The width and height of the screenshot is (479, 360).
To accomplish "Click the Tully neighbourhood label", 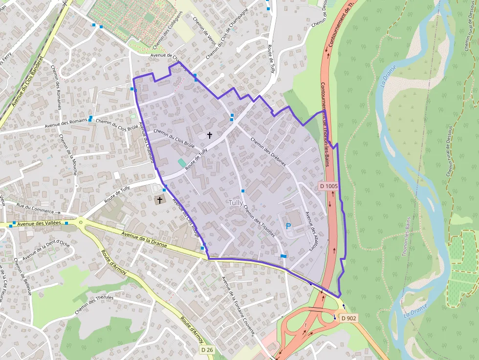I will click(236, 202).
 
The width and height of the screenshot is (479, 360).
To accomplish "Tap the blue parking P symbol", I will click(288, 226).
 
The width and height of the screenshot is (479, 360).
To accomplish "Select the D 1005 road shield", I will click(329, 186).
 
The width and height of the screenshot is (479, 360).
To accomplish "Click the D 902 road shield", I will click(349, 318).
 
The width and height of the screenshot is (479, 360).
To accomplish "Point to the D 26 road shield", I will click(207, 350).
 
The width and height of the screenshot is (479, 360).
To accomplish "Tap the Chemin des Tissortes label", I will click(259, 221).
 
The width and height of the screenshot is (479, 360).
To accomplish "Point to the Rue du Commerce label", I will click(34, 209).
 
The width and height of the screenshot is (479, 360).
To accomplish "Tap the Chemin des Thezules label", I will click(94, 305).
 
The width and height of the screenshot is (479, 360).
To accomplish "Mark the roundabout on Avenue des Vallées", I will click(81, 224).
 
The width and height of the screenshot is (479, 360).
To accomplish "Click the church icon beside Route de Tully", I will click(159, 200).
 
